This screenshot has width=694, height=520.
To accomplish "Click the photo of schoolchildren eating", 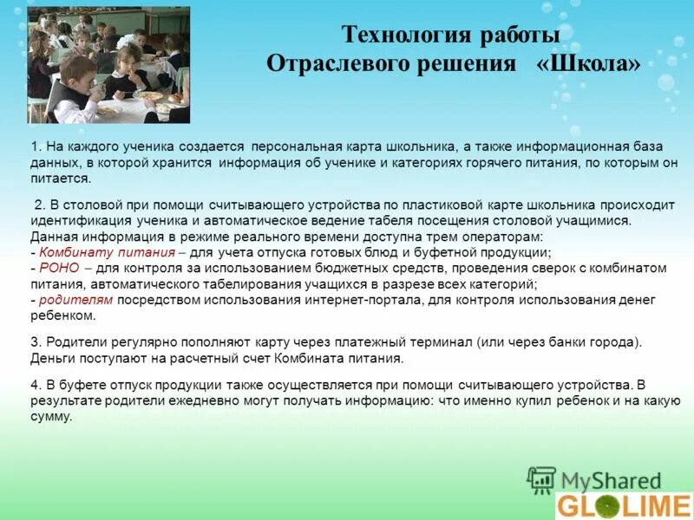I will [108, 65].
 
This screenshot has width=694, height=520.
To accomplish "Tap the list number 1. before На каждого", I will [36, 146].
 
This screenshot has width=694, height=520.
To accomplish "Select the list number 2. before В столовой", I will [40, 205].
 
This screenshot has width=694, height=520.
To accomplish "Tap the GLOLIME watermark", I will [624, 505].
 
